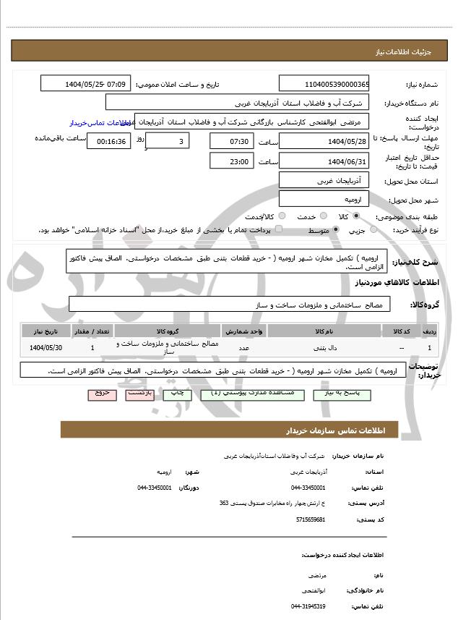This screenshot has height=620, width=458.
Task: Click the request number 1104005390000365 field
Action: click(x=324, y=84)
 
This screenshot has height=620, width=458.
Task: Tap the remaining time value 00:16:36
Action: click(x=108, y=141)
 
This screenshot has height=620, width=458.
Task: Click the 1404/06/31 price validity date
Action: click(x=324, y=161)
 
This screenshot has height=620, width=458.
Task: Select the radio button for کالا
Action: click(x=356, y=216)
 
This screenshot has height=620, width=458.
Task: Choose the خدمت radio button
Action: click(x=322, y=216)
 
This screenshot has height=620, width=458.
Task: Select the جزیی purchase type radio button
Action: click(x=373, y=230)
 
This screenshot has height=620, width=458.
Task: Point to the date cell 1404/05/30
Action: click(x=46, y=348)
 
